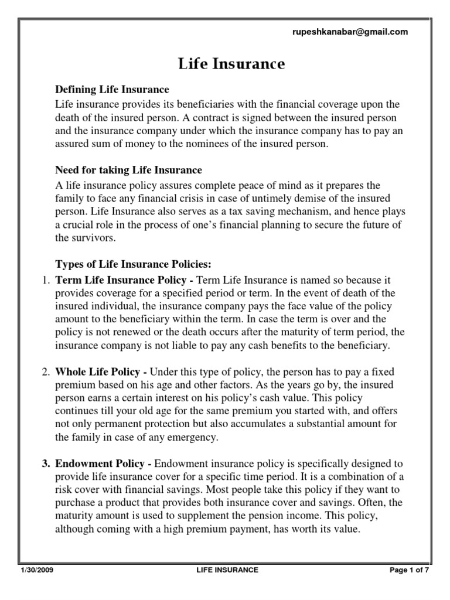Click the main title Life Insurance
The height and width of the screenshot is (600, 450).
pyautogui.click(x=231, y=64)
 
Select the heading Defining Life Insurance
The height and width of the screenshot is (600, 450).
pyautogui.click(x=112, y=90)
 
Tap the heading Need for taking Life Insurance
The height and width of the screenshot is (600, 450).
pyautogui.click(x=128, y=170)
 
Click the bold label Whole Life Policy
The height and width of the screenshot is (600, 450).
pyautogui.click(x=98, y=372)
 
